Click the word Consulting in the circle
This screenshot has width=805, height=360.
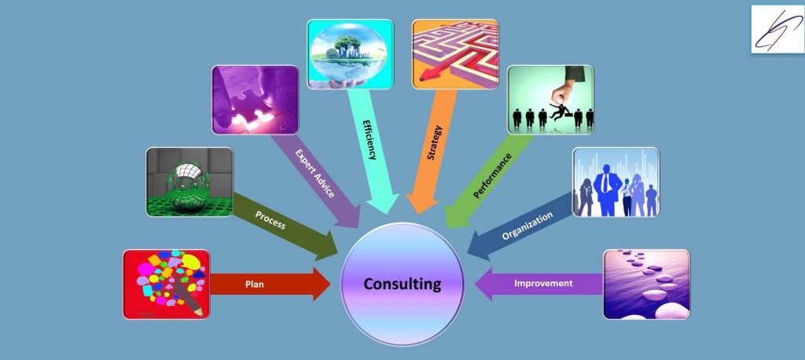click(402, 284)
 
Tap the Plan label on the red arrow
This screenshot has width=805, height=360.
click(255, 284)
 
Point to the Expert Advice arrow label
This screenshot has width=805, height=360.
click(315, 173)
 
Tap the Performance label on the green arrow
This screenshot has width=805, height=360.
click(492, 175)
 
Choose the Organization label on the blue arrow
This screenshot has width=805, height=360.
click(527, 226)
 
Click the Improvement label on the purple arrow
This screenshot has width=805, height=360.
click(543, 283)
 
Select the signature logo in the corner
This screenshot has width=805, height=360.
click(777, 29)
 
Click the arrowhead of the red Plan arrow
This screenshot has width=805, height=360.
click(322, 284)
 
